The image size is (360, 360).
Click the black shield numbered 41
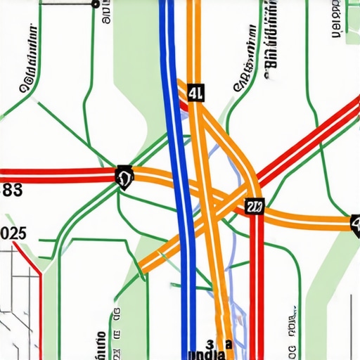[x=195, y=92]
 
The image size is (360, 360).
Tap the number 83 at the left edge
[x=12, y=189]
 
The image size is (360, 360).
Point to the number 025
[x=13, y=233]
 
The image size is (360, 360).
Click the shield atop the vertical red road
[x=255, y=205]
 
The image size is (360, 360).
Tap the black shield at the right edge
[x=355, y=224]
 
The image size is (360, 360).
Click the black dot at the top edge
[x=95, y=4]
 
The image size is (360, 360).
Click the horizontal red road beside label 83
[x=56, y=172]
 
